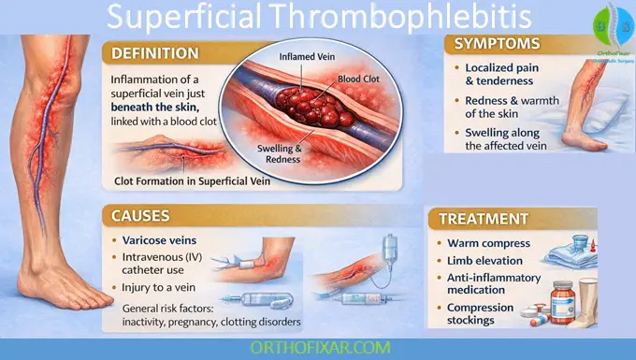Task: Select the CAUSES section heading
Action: (139, 216)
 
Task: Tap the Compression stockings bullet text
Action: (480, 314)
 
